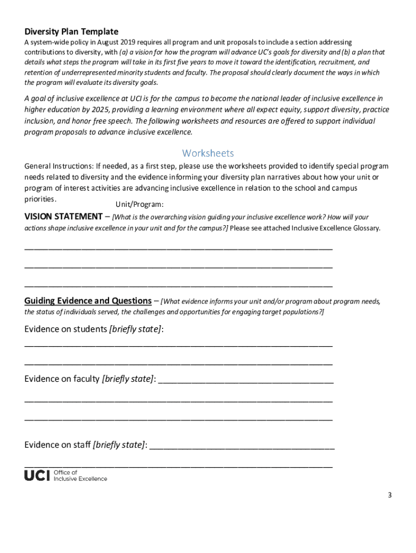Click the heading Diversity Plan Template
71,31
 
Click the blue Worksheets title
208,153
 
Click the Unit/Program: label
139,205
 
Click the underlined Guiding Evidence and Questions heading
88,301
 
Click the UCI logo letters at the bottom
37,475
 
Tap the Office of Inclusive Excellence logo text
80,475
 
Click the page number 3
389,496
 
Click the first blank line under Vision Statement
178,249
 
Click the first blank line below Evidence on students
178,345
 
